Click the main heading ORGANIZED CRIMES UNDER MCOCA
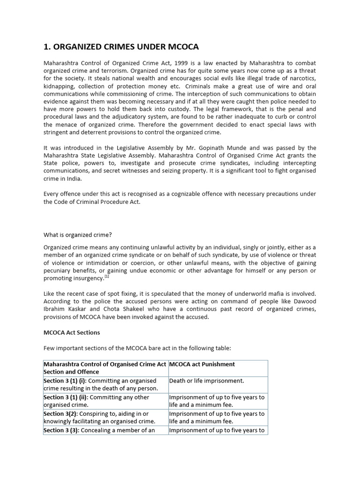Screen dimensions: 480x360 pyautogui.click(x=121, y=46)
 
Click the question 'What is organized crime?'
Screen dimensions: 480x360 pyautogui.click(x=77, y=234)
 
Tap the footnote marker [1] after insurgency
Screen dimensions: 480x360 pyautogui.click(x=107, y=277)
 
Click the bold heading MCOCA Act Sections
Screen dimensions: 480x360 pyautogui.click(x=72, y=332)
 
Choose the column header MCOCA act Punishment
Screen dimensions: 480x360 pyautogui.click(x=202, y=364)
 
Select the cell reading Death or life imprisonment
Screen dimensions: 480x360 pyautogui.click(x=206, y=381)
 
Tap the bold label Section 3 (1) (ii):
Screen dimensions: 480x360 pyautogui.click(x=65, y=397)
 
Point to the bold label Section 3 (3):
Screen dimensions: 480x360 pyautogui.click(x=61, y=430)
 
